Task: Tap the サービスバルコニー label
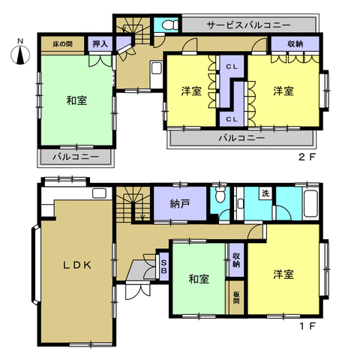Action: click(x=249, y=25)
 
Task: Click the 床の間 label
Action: click(x=62, y=44)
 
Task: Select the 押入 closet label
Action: click(x=100, y=44)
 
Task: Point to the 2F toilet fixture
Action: click(x=170, y=25)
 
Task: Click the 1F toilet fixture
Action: click(x=220, y=194)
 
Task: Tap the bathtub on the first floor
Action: click(x=310, y=204)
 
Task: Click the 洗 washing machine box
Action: click(x=266, y=193)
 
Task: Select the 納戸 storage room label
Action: click(x=179, y=204)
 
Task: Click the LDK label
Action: click(x=77, y=265)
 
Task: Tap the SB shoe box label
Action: click(x=163, y=266)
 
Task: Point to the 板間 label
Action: click(x=236, y=298)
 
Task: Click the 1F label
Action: click(x=307, y=326)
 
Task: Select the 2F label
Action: click(x=307, y=157)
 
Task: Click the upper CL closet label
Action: click(x=232, y=67)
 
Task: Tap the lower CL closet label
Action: click(x=232, y=119)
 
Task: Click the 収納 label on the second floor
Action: click(x=295, y=44)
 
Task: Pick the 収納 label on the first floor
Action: click(x=236, y=260)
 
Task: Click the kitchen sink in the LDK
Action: click(x=99, y=193)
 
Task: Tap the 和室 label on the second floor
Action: click(x=76, y=100)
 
